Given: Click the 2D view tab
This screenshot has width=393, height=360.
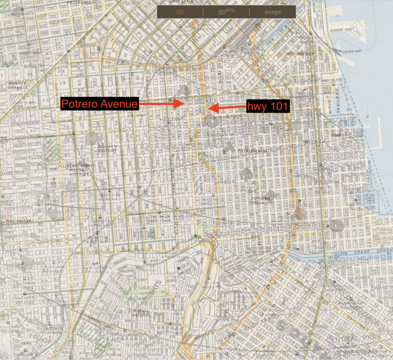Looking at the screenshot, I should (180, 11).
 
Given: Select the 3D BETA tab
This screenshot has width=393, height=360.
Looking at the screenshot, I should (226, 11).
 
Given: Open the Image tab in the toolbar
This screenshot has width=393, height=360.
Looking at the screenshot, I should (273, 11).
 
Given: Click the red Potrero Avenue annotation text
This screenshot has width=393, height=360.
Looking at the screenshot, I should (100, 104).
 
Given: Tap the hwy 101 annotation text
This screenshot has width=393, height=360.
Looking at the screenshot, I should (268, 106).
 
